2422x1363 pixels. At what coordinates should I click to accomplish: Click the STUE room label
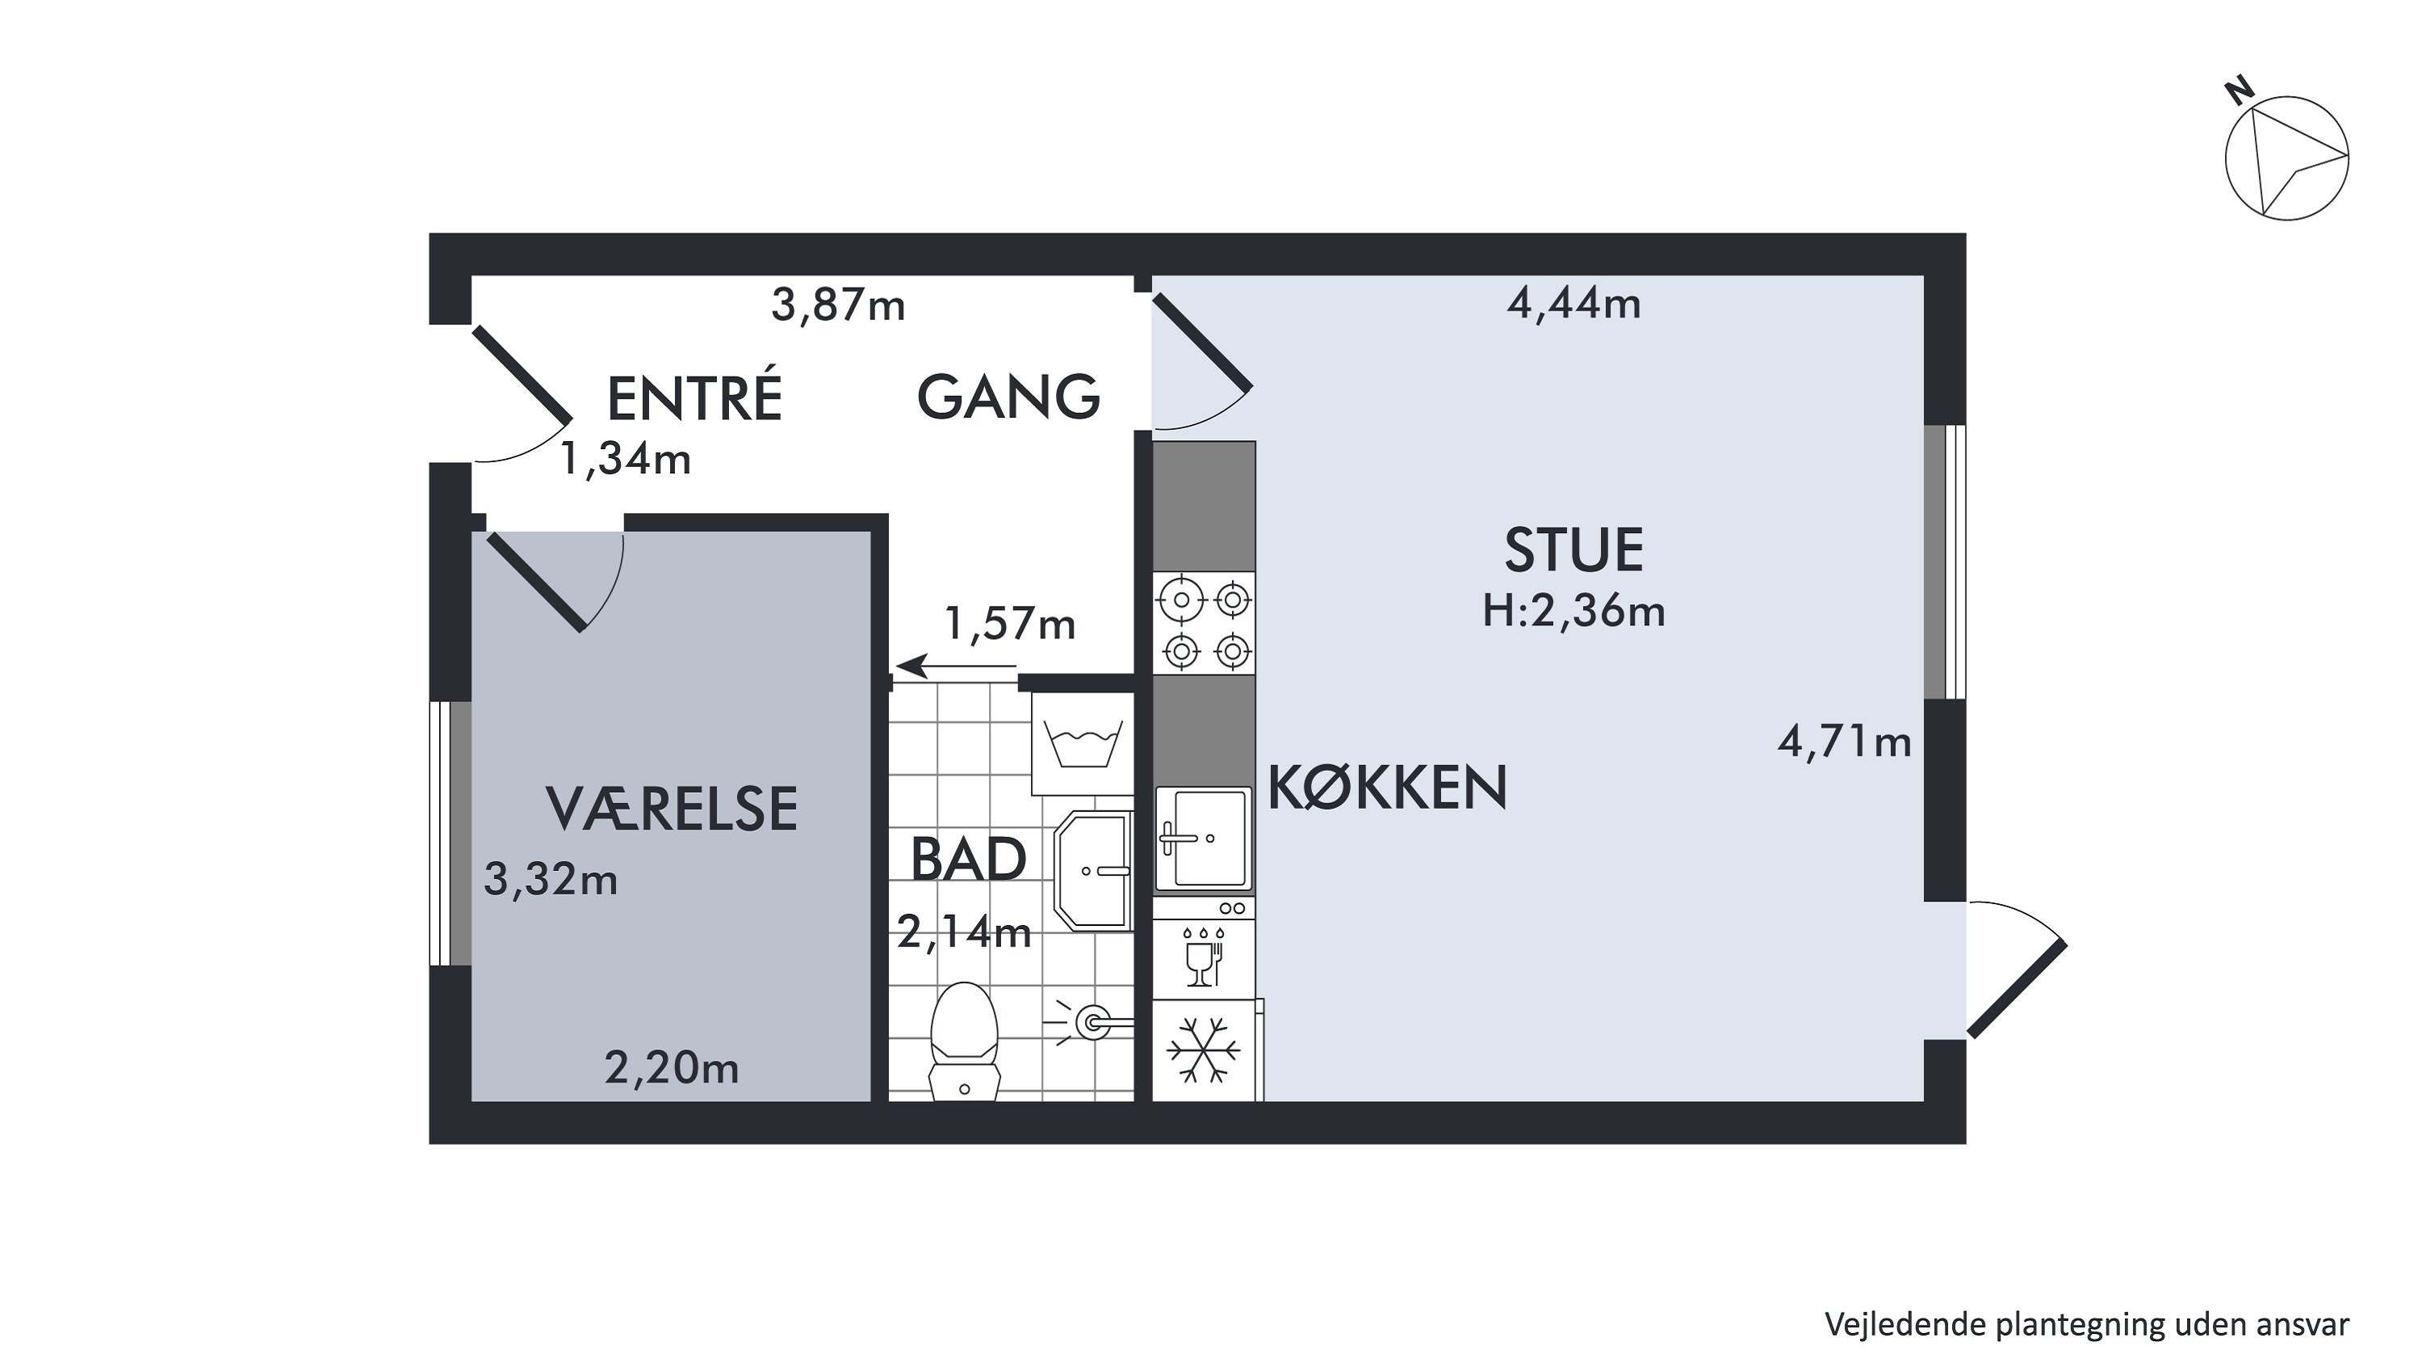click(1574, 550)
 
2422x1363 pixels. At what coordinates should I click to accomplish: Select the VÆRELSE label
click(672, 809)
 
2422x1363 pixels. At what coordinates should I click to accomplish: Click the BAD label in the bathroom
click(969, 859)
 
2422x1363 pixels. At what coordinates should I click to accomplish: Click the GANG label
click(1009, 397)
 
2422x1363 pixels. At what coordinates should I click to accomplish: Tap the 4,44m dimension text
click(1574, 304)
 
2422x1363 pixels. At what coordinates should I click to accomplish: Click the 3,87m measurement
click(838, 305)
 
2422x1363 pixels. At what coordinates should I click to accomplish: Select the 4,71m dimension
click(1844, 743)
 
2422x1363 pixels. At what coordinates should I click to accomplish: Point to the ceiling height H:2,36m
click(1574, 612)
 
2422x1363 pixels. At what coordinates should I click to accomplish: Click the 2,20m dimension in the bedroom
click(672, 1069)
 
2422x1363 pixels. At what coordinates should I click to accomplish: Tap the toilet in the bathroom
click(964, 1041)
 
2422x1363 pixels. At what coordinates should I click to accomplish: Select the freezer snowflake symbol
click(1204, 1049)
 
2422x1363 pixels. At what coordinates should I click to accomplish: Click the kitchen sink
click(1204, 838)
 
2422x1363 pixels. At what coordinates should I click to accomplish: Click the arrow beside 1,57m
click(956, 667)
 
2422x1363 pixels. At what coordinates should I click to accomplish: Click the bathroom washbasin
click(1093, 871)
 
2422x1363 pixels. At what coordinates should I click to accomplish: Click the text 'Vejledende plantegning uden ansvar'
click(2087, 1323)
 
